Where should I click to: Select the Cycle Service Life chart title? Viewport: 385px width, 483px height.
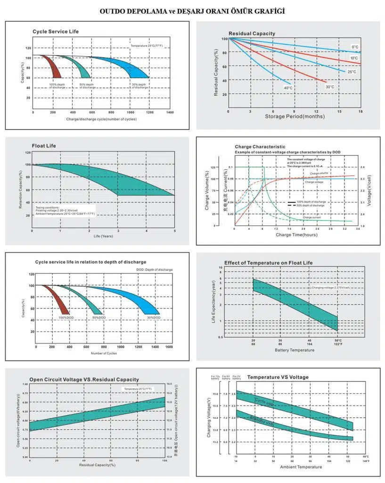pos(56,32)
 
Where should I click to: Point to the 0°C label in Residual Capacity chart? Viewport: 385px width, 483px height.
pos(354,47)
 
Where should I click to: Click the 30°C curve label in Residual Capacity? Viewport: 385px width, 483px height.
pos(330,87)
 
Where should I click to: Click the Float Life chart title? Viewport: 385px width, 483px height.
pos(44,146)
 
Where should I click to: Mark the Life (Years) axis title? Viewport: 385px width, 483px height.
pos(103,236)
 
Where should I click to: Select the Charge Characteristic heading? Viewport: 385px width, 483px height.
pos(260,147)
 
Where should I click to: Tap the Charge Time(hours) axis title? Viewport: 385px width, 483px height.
pos(296,234)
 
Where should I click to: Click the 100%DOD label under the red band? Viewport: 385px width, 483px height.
pos(66,318)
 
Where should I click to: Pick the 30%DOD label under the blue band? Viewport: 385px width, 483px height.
pos(154,318)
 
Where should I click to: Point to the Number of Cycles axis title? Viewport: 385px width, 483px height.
pos(104,353)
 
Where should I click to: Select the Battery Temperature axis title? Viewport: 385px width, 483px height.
pos(295,350)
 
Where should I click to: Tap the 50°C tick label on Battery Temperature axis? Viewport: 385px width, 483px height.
pos(337,340)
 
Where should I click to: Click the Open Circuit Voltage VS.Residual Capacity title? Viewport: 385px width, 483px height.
pos(84,379)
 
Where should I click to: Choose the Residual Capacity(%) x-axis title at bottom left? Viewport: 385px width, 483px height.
pos(97,465)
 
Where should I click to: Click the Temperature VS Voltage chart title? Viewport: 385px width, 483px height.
pos(278,377)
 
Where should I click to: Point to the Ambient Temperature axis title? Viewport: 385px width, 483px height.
pos(301,467)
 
